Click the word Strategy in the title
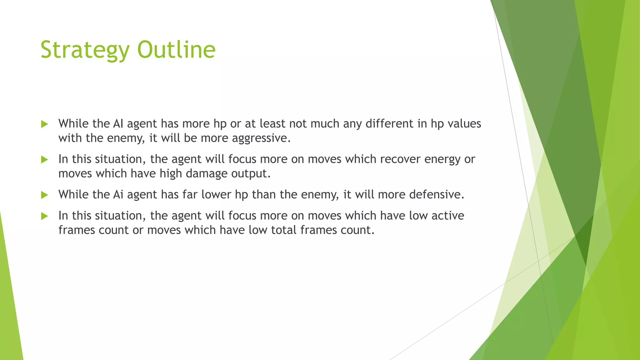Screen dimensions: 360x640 (85, 50)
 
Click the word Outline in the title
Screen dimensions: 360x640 (176, 50)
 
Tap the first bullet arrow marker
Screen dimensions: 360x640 (44, 124)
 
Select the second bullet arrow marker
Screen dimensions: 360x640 (44, 160)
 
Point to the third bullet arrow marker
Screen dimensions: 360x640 (44, 195)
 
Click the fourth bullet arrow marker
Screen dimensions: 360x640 (44, 216)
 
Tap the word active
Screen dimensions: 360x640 (447, 216)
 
